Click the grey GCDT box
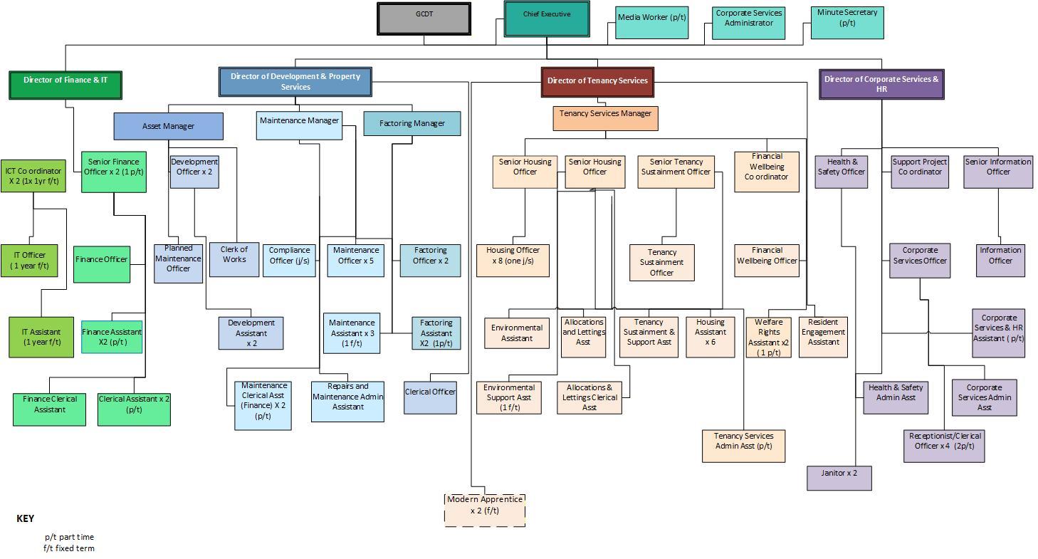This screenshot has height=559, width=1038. [424, 19]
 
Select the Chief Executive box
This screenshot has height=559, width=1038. [547, 19]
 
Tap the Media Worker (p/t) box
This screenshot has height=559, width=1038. [651, 23]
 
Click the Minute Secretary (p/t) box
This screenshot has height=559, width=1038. [847, 23]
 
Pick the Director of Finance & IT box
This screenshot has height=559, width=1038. [65, 85]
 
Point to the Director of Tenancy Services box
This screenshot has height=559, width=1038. [597, 82]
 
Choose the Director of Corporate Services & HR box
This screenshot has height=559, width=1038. [881, 84]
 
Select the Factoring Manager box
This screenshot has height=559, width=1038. [412, 123]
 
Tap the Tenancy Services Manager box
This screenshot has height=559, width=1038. [605, 119]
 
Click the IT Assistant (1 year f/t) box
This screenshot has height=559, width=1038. [41, 337]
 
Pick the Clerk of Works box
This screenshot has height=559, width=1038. [234, 260]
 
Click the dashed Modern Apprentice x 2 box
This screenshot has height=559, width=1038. [485, 511]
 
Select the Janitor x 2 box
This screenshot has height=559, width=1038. [839, 478]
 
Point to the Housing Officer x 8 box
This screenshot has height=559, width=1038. [513, 261]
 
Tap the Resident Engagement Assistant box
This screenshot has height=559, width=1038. [823, 337]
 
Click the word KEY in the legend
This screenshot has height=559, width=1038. [26, 518]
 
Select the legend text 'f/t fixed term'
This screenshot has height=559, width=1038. [69, 548]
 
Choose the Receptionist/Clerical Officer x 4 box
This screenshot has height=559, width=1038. [944, 446]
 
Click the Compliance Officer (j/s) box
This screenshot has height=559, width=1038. [289, 261]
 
